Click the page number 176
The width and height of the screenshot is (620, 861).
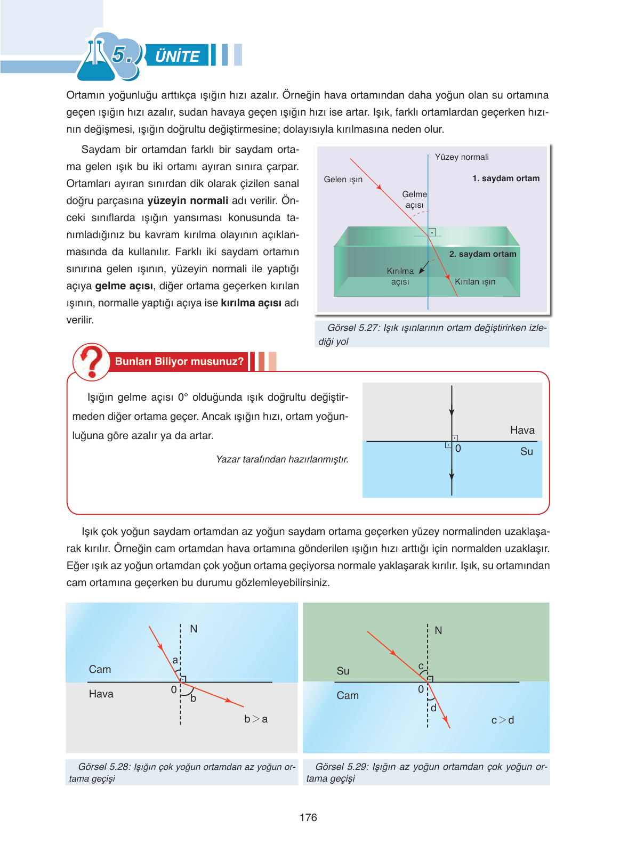308,817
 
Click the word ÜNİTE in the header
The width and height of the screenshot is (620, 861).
177,56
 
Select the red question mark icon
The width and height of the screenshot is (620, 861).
92,362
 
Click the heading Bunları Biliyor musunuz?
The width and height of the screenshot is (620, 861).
179,361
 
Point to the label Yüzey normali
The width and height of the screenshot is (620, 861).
462,157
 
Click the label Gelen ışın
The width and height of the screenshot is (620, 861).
343,180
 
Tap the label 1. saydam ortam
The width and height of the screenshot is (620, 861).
505,178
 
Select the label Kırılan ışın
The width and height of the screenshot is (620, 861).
475,282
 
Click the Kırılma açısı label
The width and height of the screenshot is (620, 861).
400,276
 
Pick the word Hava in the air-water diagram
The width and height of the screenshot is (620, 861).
522,430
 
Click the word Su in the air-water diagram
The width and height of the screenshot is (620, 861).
526,451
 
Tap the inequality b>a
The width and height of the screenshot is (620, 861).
256,719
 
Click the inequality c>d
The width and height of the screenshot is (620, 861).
502,720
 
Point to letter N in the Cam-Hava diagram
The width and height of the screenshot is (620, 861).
194,629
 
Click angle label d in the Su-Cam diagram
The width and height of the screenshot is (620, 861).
433,708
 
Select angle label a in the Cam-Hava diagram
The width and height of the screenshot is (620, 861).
175,660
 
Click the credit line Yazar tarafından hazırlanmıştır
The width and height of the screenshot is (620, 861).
282,459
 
